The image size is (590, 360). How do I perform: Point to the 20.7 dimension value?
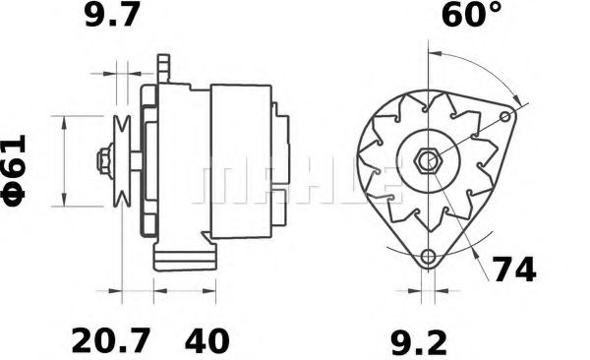pyautogui.click(x=111, y=340)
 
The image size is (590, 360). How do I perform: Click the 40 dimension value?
pyautogui.click(x=206, y=340)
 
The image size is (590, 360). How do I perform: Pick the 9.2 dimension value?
pyautogui.click(x=421, y=340)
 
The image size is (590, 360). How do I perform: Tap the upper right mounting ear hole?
pyautogui.click(x=507, y=118)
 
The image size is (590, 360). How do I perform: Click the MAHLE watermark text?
pyautogui.click(x=295, y=182)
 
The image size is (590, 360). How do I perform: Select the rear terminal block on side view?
pyautogui.click(x=281, y=157)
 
